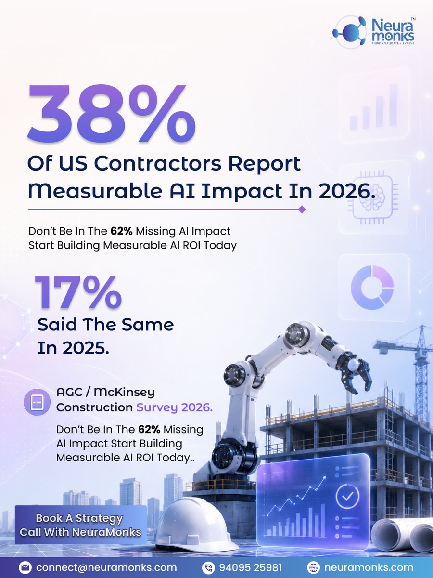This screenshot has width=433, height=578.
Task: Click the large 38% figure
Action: pyautogui.click(x=111, y=114)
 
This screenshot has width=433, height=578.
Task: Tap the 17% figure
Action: pyautogui.click(x=78, y=292)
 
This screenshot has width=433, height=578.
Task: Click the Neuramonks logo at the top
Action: pyautogui.click(x=374, y=32)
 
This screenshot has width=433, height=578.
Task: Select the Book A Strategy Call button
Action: pyautogui.click(x=80, y=525)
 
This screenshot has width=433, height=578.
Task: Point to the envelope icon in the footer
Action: pyautogui.click(x=25, y=567)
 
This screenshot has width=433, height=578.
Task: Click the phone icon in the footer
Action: pyautogui.click(x=208, y=567)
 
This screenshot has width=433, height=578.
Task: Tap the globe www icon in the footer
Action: pyautogui.click(x=313, y=567)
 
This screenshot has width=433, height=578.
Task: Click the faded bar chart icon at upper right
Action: pyautogui.click(x=374, y=106)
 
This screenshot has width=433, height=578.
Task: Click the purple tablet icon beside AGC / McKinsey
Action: pyautogui.click(x=37, y=402)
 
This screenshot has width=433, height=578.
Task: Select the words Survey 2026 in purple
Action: pyautogui.click(x=174, y=408)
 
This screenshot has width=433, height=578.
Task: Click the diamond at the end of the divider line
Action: pyautogui.click(x=302, y=210)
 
